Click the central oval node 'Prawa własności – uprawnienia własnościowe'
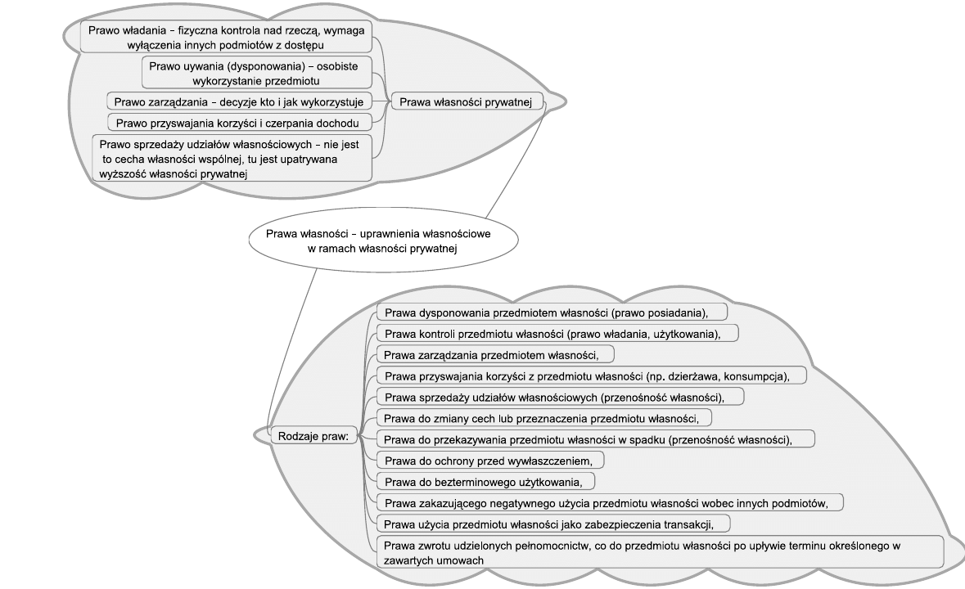tap(382, 240)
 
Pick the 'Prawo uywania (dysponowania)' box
tap(257, 71)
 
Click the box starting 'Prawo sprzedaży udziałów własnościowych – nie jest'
tap(231, 158)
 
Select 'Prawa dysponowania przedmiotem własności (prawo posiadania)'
tap(552, 312)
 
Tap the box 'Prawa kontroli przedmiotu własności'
tap(557, 333)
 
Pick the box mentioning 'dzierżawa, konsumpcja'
tap(591, 375)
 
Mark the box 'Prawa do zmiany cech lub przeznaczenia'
tap(543, 418)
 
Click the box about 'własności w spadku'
tap(595, 439)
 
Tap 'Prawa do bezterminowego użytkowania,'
tap(485, 480)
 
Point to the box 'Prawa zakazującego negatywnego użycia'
tap(610, 501)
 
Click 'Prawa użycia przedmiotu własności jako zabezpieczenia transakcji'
tap(552, 523)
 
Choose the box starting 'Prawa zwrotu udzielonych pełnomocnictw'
tap(660, 551)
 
